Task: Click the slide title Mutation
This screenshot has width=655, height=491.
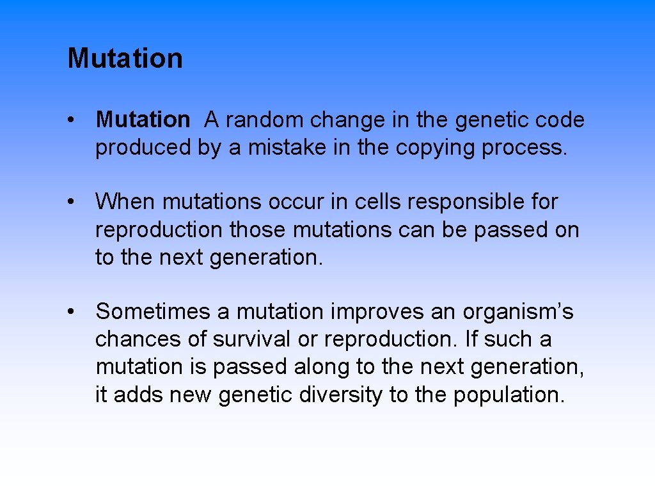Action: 125,58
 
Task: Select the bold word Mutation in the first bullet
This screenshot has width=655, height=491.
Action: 143,120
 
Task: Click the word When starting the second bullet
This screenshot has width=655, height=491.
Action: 125,202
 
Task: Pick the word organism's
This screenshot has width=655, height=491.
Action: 518,313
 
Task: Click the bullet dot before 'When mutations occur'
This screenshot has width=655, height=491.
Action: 75,203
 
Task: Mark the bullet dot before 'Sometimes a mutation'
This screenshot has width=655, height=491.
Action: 75,313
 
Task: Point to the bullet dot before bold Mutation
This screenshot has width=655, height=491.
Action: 75,120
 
